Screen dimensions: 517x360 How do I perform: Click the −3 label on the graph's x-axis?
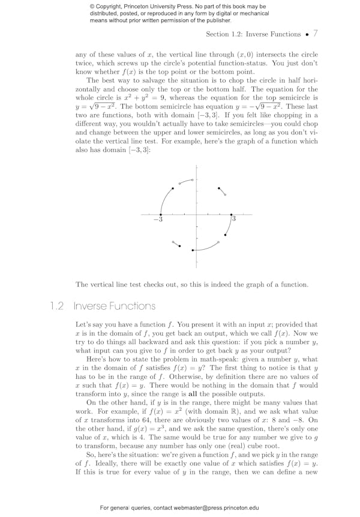[x=158, y=220]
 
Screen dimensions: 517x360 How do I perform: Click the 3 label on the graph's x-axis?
[x=233, y=219]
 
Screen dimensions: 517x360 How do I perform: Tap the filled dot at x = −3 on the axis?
[x=160, y=214]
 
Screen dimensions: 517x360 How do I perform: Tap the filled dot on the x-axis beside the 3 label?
[x=231, y=214]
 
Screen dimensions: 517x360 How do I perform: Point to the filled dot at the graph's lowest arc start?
[x=192, y=250]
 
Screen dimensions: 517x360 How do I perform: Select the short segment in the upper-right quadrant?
[x=222, y=192]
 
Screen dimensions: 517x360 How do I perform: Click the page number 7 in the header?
[x=316, y=34]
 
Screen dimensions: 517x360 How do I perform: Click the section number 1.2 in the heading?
[x=58, y=306]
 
